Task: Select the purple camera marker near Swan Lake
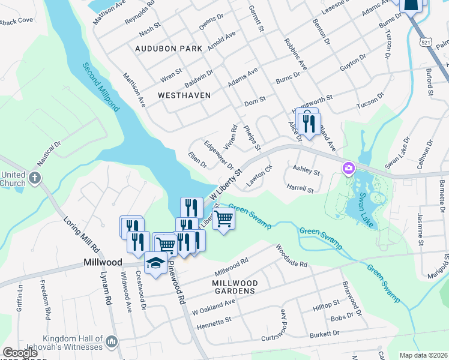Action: (x=348, y=169)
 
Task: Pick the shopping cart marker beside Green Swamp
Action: (x=223, y=219)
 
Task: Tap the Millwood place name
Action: (x=101, y=263)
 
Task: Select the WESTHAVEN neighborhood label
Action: (x=184, y=95)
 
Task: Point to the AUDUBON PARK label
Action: (x=169, y=48)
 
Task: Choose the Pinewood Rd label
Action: (x=178, y=283)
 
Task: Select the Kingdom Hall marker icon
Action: (x=111, y=342)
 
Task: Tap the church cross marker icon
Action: (x=35, y=178)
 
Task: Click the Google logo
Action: (x=20, y=353)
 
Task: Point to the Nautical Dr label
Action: (x=49, y=154)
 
